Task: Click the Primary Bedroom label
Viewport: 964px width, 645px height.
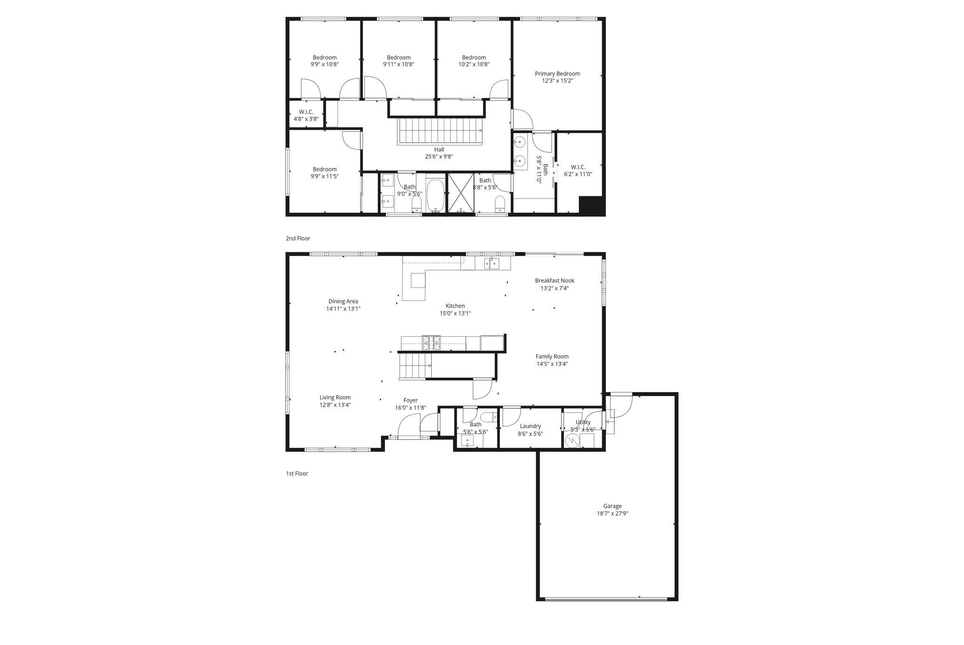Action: [557, 74]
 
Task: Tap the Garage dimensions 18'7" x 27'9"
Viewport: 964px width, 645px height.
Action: [612, 514]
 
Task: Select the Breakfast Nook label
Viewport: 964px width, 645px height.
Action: [554, 281]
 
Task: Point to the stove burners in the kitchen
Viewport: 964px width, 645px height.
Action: [431, 342]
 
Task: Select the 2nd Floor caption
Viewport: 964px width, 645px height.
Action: [297, 239]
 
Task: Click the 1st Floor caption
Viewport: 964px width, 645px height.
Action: [297, 474]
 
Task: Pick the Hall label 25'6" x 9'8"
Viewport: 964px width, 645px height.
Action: [439, 150]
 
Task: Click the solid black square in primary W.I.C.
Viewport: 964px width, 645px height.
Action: [591, 206]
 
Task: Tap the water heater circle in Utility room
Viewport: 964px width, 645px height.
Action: [572, 441]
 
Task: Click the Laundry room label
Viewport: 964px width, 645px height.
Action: [530, 426]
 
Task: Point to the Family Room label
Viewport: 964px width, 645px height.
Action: [552, 357]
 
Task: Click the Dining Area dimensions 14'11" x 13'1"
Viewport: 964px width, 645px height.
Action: [343, 309]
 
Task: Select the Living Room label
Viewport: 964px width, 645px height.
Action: [335, 398]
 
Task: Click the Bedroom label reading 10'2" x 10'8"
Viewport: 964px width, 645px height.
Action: [474, 58]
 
